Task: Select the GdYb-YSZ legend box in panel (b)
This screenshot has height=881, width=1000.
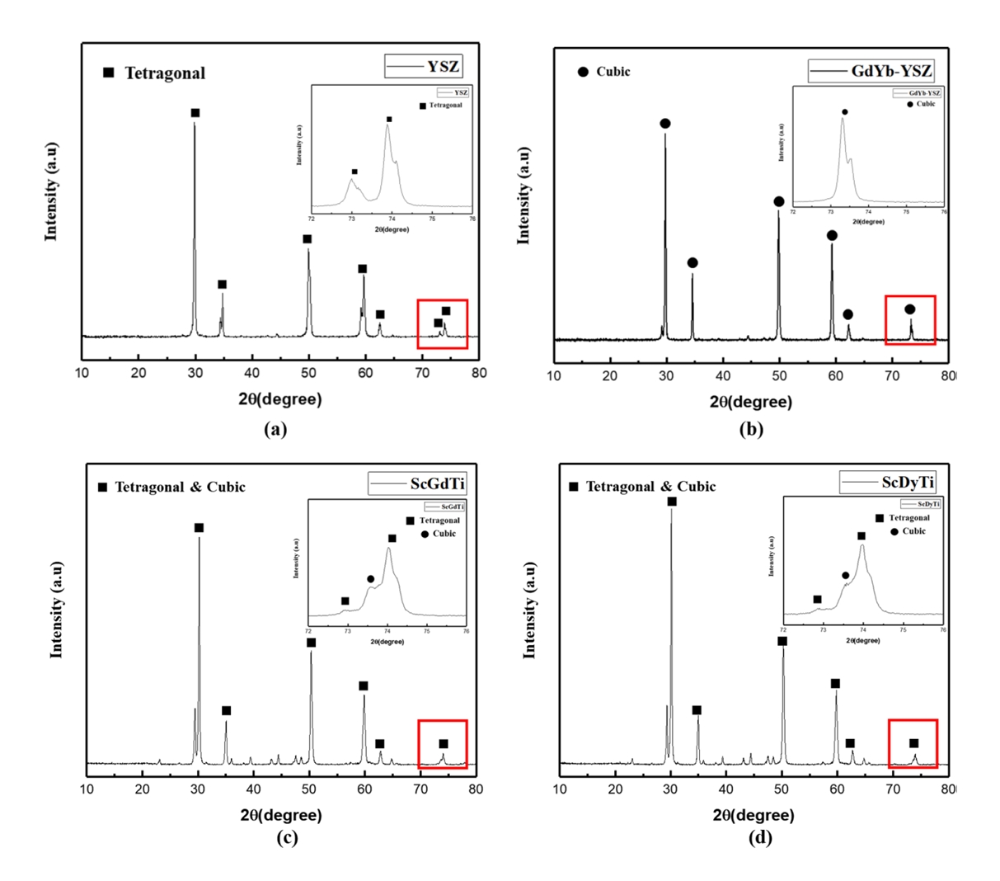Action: (x=871, y=71)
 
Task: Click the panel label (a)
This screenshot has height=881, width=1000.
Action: (x=275, y=428)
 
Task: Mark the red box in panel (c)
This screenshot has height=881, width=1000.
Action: (x=443, y=745)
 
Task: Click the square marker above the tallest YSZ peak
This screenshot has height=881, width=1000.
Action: (x=195, y=113)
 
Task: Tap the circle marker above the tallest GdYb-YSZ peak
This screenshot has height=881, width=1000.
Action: (x=665, y=124)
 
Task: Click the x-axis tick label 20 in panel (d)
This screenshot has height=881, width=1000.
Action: (x=615, y=789)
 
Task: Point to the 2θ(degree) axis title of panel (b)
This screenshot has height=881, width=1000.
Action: (x=750, y=403)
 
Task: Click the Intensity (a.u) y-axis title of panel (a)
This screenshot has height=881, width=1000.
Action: (x=51, y=191)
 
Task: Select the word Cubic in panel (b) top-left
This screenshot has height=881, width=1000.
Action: (x=613, y=72)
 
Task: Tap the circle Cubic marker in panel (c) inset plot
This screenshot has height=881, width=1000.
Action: (x=370, y=579)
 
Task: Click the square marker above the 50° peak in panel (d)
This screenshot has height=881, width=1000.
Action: (x=782, y=641)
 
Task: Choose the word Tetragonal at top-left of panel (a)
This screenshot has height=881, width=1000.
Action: (x=165, y=73)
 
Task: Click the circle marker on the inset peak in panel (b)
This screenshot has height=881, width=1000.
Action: (x=844, y=111)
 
